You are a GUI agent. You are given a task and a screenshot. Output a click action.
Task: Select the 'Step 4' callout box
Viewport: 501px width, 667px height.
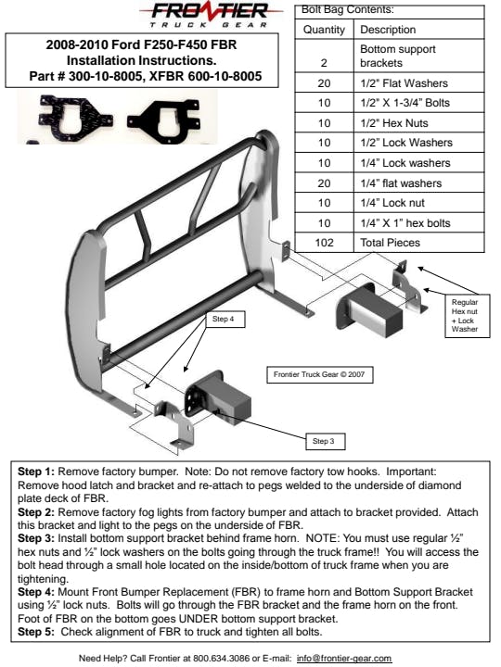(224, 319)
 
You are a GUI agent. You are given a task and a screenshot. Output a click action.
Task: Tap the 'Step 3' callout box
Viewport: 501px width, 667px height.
(326, 441)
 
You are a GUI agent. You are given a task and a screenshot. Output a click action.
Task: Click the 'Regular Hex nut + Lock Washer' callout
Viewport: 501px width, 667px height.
(467, 316)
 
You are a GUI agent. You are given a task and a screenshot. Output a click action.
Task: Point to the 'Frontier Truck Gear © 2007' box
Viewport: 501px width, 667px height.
(319, 375)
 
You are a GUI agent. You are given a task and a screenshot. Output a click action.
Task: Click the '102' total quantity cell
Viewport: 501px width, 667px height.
(324, 243)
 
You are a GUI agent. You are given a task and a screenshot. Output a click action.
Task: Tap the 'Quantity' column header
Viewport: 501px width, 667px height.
(324, 30)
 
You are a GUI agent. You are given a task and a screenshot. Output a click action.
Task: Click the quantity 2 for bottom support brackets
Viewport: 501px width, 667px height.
(324, 63)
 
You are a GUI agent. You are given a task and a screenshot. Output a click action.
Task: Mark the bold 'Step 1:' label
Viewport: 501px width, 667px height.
(36, 472)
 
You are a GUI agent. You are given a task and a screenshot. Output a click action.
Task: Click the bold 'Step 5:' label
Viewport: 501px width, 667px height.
(36, 632)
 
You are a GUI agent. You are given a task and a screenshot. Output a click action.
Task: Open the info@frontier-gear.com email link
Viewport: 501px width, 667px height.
(344, 658)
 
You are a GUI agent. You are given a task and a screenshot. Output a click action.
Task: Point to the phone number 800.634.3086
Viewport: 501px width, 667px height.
(221, 658)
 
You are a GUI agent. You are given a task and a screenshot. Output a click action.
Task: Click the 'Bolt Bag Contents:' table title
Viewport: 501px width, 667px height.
(348, 10)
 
